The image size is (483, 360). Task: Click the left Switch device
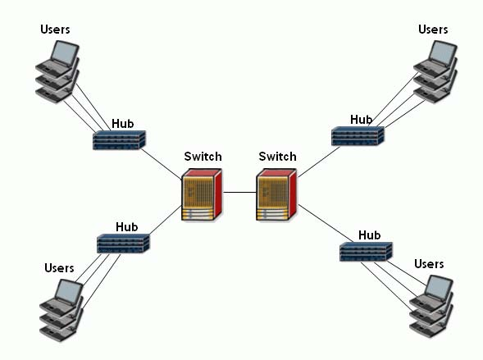coord(202,194)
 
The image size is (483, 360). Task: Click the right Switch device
coord(276,194)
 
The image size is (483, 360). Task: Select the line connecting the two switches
coord(239,193)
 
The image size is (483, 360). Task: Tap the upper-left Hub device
coord(119,140)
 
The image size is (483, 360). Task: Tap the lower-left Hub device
coord(123,244)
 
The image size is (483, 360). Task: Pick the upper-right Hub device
coord(358,136)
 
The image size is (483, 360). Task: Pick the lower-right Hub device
coord(366,252)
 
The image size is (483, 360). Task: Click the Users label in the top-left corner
coord(55,30)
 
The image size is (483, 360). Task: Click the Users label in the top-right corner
coord(433,30)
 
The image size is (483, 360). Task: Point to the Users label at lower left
coord(59,268)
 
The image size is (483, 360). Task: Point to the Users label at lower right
coord(429,264)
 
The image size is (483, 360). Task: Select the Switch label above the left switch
coord(203,157)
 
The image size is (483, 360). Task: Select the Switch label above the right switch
coord(277,157)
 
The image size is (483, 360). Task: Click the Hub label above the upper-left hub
coord(123,124)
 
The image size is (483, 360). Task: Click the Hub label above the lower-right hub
coord(369,235)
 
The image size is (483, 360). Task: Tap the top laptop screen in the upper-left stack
coord(65,52)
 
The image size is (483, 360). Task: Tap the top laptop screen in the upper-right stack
coord(443,52)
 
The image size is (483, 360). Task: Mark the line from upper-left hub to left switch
coord(162,164)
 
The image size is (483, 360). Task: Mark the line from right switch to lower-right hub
coord(326,223)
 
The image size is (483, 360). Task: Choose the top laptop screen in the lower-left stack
coord(69,291)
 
